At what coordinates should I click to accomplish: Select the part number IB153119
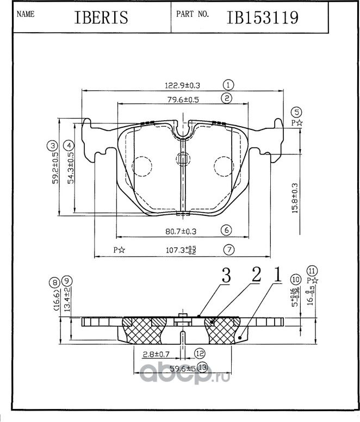point(262,17)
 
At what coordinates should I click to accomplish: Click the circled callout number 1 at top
point(228,85)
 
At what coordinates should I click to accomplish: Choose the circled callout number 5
point(296,112)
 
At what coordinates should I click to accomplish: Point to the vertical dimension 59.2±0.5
point(55,169)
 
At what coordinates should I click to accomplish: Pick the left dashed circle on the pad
point(142,166)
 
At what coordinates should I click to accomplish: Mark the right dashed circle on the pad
point(223,166)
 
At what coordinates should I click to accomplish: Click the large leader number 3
point(225,276)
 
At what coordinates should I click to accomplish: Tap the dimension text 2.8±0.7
point(157,354)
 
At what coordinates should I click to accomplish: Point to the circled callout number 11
point(312,270)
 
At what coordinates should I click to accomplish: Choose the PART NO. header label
point(193,15)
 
